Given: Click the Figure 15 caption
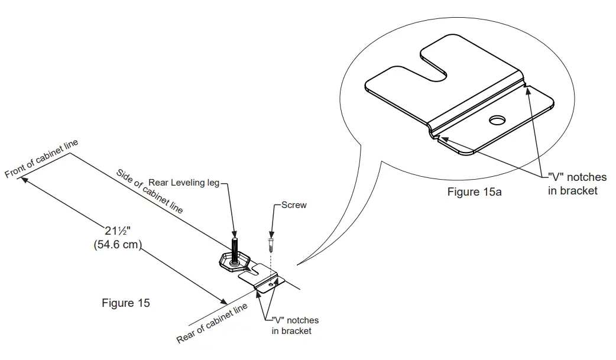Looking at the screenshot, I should click(126, 303).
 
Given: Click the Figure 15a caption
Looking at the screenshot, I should click(474, 192).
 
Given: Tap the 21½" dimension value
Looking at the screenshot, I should click(117, 232).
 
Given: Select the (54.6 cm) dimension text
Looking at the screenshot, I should click(118, 244).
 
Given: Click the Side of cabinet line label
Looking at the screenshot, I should click(150, 191).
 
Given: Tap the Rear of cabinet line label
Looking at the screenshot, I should click(212, 323).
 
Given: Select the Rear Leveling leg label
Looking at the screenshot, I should click(184, 183).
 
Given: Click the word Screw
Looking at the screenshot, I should click(294, 205).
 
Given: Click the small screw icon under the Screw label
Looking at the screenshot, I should click(271, 242).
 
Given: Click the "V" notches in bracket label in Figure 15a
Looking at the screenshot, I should click(577, 184).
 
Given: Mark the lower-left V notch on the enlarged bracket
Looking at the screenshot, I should click(436, 137).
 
